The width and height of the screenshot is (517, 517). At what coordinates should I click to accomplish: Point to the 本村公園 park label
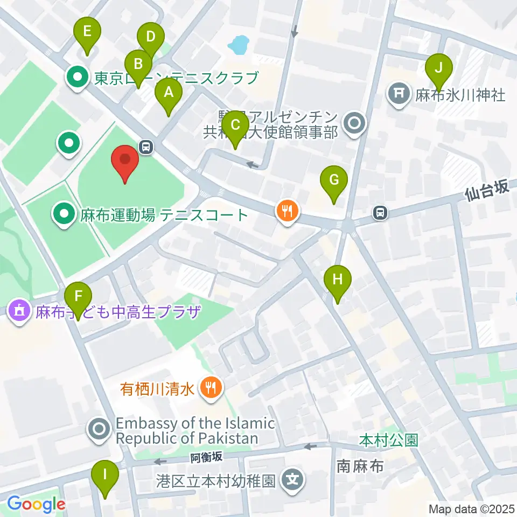(388, 440)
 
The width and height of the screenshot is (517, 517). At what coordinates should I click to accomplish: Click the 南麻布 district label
(360, 465)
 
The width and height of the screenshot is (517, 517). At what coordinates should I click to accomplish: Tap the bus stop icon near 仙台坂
(380, 213)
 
